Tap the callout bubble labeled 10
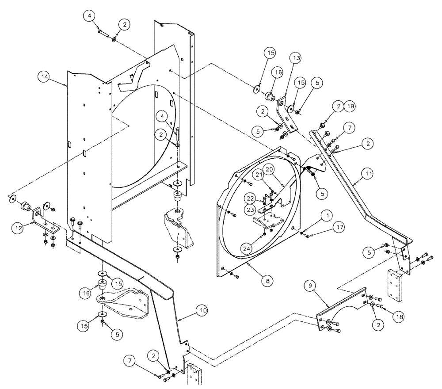coord(202,311)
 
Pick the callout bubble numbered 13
coord(296,58)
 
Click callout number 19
coord(350,106)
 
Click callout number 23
coord(251,209)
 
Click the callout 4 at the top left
coord(90,16)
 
